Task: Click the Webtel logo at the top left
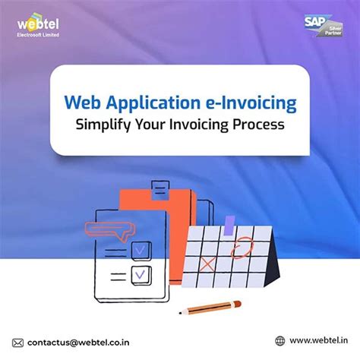[37, 27]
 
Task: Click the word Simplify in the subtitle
[110, 125]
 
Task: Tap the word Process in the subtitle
[258, 125]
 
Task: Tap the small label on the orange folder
[160, 185]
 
